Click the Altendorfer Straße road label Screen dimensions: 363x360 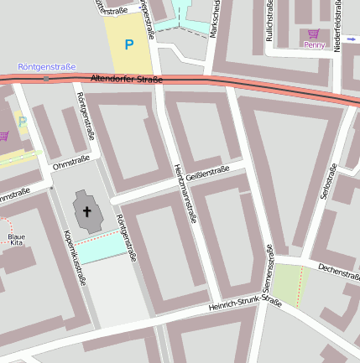(x=125, y=80)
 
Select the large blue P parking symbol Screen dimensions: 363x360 (x=128, y=44)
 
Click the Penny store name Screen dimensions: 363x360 (x=314, y=44)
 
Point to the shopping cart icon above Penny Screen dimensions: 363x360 (x=314, y=34)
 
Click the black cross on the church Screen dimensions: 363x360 (x=87, y=212)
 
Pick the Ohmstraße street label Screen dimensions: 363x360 (x=70, y=165)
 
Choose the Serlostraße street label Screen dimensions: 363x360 (x=326, y=182)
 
